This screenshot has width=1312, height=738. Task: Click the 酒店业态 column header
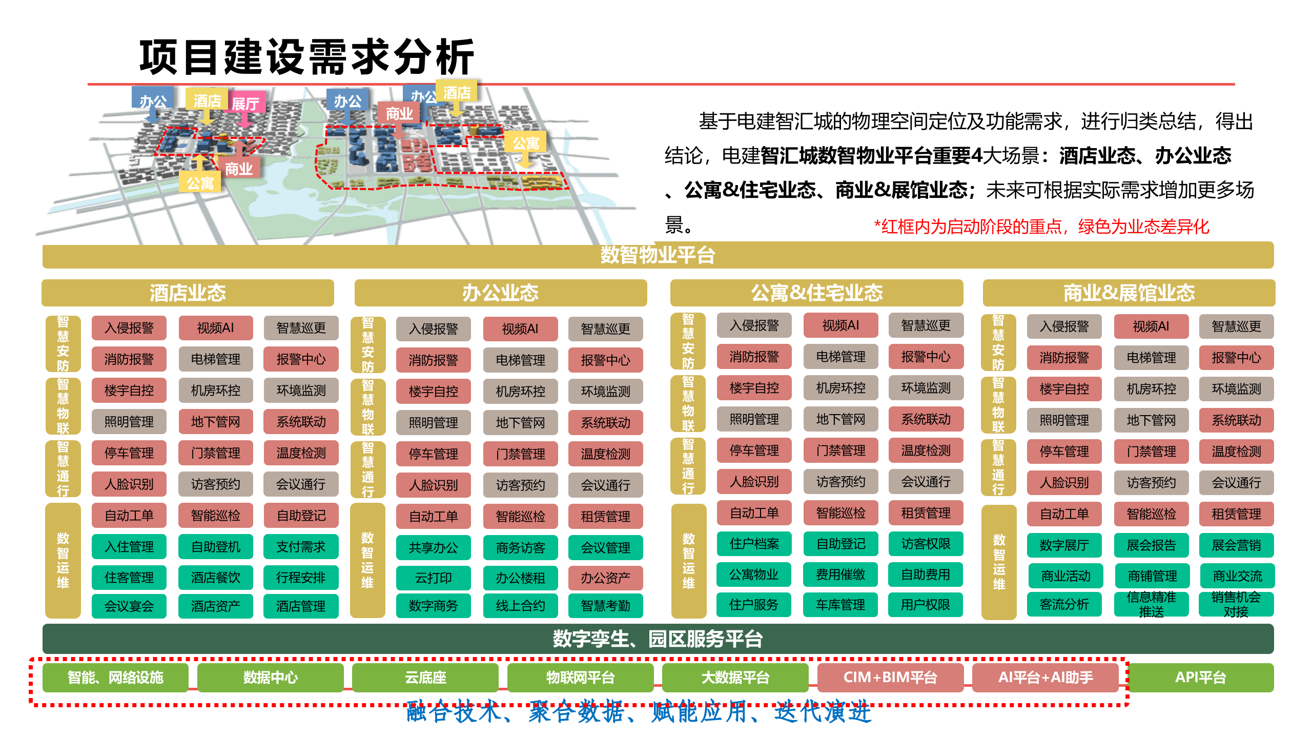188,293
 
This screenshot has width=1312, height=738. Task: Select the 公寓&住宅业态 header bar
816,293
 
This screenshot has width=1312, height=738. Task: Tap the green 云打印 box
433,578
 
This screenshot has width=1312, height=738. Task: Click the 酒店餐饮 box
215,578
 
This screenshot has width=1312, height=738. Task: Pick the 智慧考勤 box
605,606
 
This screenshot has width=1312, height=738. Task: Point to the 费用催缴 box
840,575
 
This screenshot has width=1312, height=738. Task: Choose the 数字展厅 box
1064,545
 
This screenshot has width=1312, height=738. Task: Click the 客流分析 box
1064,605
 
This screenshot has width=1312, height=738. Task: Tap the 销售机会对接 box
1236,605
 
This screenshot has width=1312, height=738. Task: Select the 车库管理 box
840,605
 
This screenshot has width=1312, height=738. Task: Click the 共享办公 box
433,547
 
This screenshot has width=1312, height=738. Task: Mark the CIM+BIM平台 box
890,678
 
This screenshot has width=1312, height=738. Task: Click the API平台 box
1200,678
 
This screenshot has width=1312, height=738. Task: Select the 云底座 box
425,678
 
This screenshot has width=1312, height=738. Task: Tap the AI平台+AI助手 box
1045,678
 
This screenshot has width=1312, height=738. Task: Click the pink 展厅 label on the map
245,104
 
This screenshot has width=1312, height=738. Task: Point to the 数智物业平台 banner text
658,255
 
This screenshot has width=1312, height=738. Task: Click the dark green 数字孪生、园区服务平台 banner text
658,639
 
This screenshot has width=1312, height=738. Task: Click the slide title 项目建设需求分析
306,57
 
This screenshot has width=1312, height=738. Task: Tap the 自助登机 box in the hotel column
215,547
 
